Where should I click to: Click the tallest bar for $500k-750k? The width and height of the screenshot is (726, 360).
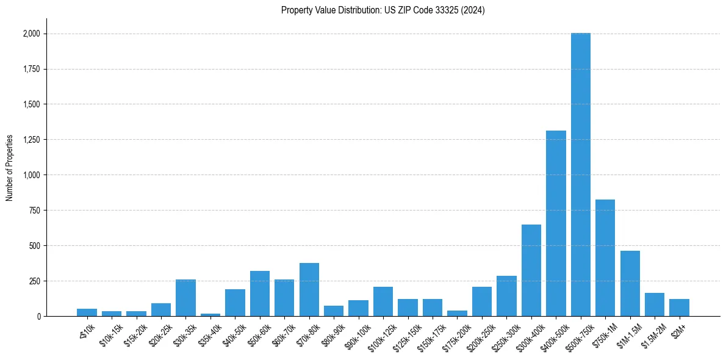click(580, 175)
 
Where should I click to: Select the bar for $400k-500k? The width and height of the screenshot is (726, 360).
click(556, 223)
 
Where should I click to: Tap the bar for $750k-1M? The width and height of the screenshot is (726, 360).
click(605, 257)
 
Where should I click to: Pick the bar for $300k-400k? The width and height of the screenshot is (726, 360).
click(531, 270)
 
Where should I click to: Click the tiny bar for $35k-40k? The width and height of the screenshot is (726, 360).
click(210, 315)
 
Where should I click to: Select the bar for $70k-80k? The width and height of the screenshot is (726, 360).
click(309, 289)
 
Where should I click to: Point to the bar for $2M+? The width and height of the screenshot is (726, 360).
click(679, 308)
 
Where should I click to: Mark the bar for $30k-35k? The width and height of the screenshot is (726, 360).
click(185, 298)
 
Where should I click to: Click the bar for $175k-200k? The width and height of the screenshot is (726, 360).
click(457, 313)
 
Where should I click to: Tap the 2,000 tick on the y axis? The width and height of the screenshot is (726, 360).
click(31, 34)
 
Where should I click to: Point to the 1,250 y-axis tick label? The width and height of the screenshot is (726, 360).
click(31, 140)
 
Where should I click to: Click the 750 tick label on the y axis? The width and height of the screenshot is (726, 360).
click(35, 211)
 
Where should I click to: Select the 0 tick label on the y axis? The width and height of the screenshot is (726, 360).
click(38, 317)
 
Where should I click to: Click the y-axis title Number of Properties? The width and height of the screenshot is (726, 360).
click(10, 168)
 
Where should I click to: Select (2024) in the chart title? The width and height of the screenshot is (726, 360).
click(473, 10)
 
